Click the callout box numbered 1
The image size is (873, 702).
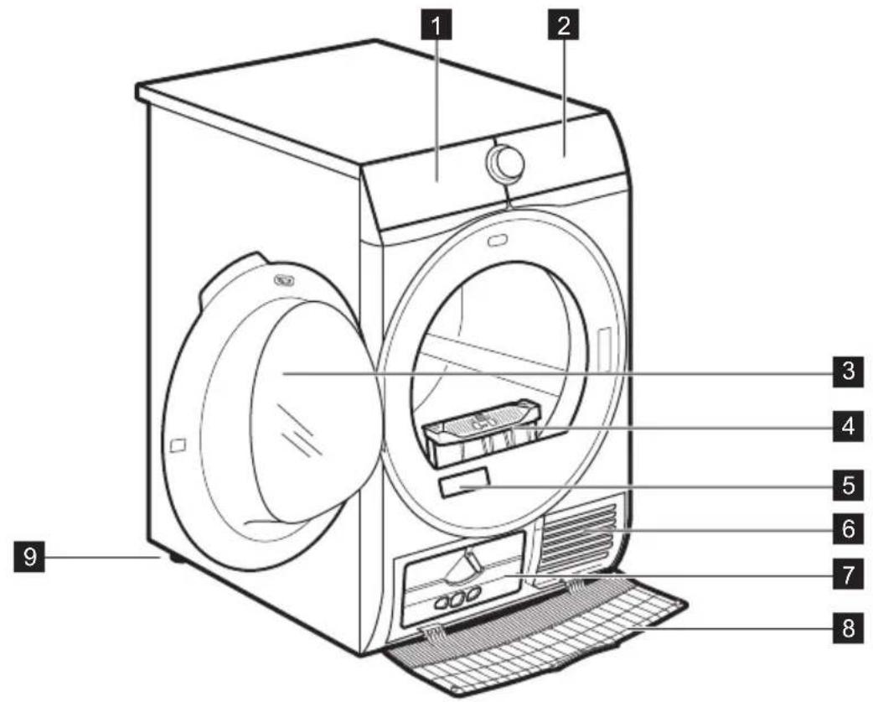point(437,26)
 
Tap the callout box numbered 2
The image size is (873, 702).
point(564,26)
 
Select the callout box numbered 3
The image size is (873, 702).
point(848,371)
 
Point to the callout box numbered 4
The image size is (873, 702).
point(848,427)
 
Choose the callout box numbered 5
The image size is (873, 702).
point(848,485)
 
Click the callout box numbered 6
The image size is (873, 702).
point(848,528)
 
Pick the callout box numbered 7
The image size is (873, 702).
point(848,575)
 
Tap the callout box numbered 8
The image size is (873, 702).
point(848,629)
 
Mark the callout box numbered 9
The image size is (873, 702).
point(29,557)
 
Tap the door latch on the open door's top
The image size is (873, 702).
point(283,281)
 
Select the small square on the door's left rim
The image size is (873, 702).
point(177,445)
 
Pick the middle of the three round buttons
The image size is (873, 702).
point(458,598)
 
